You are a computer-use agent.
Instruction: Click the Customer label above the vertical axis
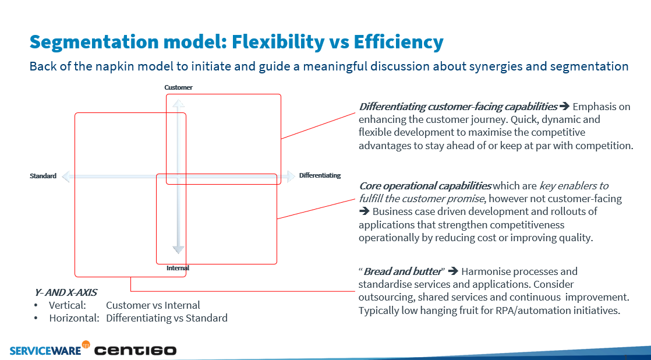click(178, 87)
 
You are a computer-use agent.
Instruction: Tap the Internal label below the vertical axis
click(178, 268)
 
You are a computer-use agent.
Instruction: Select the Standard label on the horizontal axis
click(43, 176)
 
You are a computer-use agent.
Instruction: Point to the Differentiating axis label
click(320, 175)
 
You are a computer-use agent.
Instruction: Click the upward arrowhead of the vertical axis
click(179, 103)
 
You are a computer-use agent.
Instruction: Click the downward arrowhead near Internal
click(179, 249)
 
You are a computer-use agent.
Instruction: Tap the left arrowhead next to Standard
click(66, 176)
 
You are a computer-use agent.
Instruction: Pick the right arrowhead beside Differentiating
click(289, 176)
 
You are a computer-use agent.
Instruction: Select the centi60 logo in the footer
click(135, 350)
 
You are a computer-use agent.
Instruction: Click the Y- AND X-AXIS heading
click(66, 292)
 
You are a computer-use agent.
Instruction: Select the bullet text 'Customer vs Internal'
click(153, 305)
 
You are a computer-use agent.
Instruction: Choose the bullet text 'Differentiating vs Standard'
click(167, 318)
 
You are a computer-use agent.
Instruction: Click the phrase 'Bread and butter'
click(402, 271)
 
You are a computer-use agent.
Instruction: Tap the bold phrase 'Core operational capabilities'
click(425, 186)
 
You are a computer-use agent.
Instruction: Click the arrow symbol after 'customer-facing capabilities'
click(564, 107)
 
